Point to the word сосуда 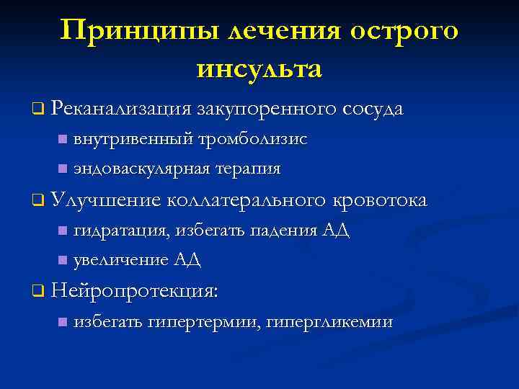[373, 109]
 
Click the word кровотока [380, 200]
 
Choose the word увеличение [120, 259]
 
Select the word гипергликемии [329, 322]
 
